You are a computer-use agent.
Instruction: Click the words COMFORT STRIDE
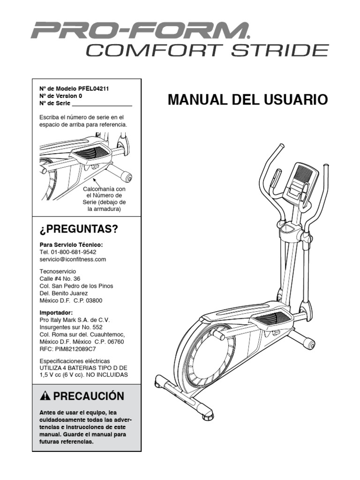pos(207,50)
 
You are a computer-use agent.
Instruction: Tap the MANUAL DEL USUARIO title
pos(248,100)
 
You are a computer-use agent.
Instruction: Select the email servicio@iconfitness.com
pos(73,259)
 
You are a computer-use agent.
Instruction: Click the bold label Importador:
pos(56,312)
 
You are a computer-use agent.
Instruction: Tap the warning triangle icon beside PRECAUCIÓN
pos(45,396)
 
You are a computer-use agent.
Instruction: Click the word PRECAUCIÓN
pos(89,396)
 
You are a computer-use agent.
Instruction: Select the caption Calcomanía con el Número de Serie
pos(105,199)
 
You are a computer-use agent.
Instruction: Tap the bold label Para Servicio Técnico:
pos(71,245)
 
